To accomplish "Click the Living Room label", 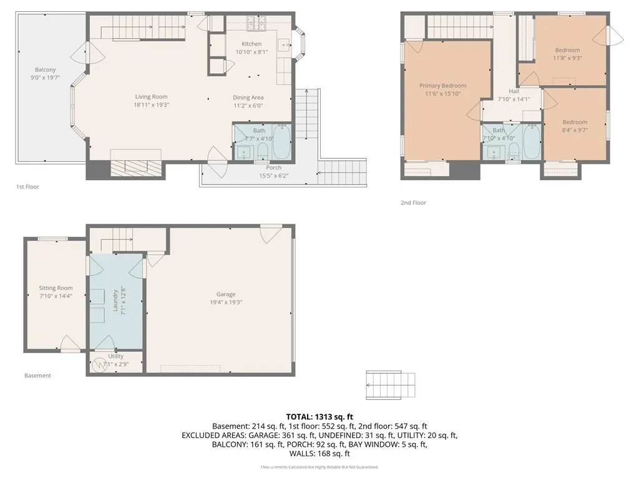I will click(152, 97).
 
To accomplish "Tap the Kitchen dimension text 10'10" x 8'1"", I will click(251, 52).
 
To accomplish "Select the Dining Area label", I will click(248, 97).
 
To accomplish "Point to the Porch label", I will click(273, 167).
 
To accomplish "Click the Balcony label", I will click(45, 69).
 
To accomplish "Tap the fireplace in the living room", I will click(135, 166).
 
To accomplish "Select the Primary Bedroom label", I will click(442, 86).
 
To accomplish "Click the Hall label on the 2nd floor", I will click(514, 91).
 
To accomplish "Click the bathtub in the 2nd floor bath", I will click(531, 142).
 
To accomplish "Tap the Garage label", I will click(226, 294).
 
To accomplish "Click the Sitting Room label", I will click(56, 288).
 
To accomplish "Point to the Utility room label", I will click(115, 356).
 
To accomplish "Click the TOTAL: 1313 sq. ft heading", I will click(319, 416).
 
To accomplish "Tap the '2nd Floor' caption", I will click(413, 202).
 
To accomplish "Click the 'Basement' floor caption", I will click(37, 376).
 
